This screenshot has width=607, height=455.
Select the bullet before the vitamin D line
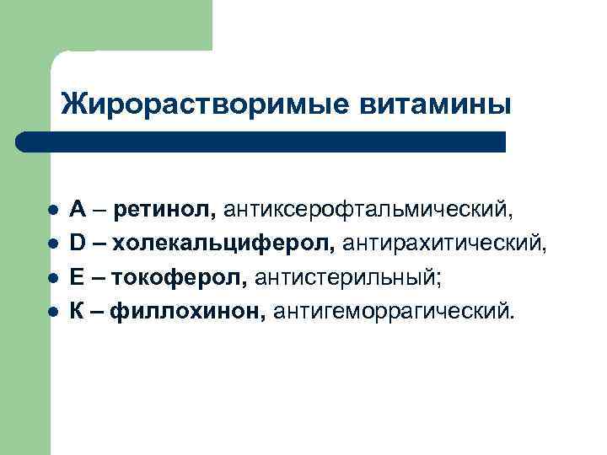52,244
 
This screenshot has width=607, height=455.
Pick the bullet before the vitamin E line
52,278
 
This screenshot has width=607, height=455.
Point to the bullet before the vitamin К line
52,312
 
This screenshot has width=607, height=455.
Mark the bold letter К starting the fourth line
77,312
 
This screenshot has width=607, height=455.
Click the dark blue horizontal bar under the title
261,142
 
